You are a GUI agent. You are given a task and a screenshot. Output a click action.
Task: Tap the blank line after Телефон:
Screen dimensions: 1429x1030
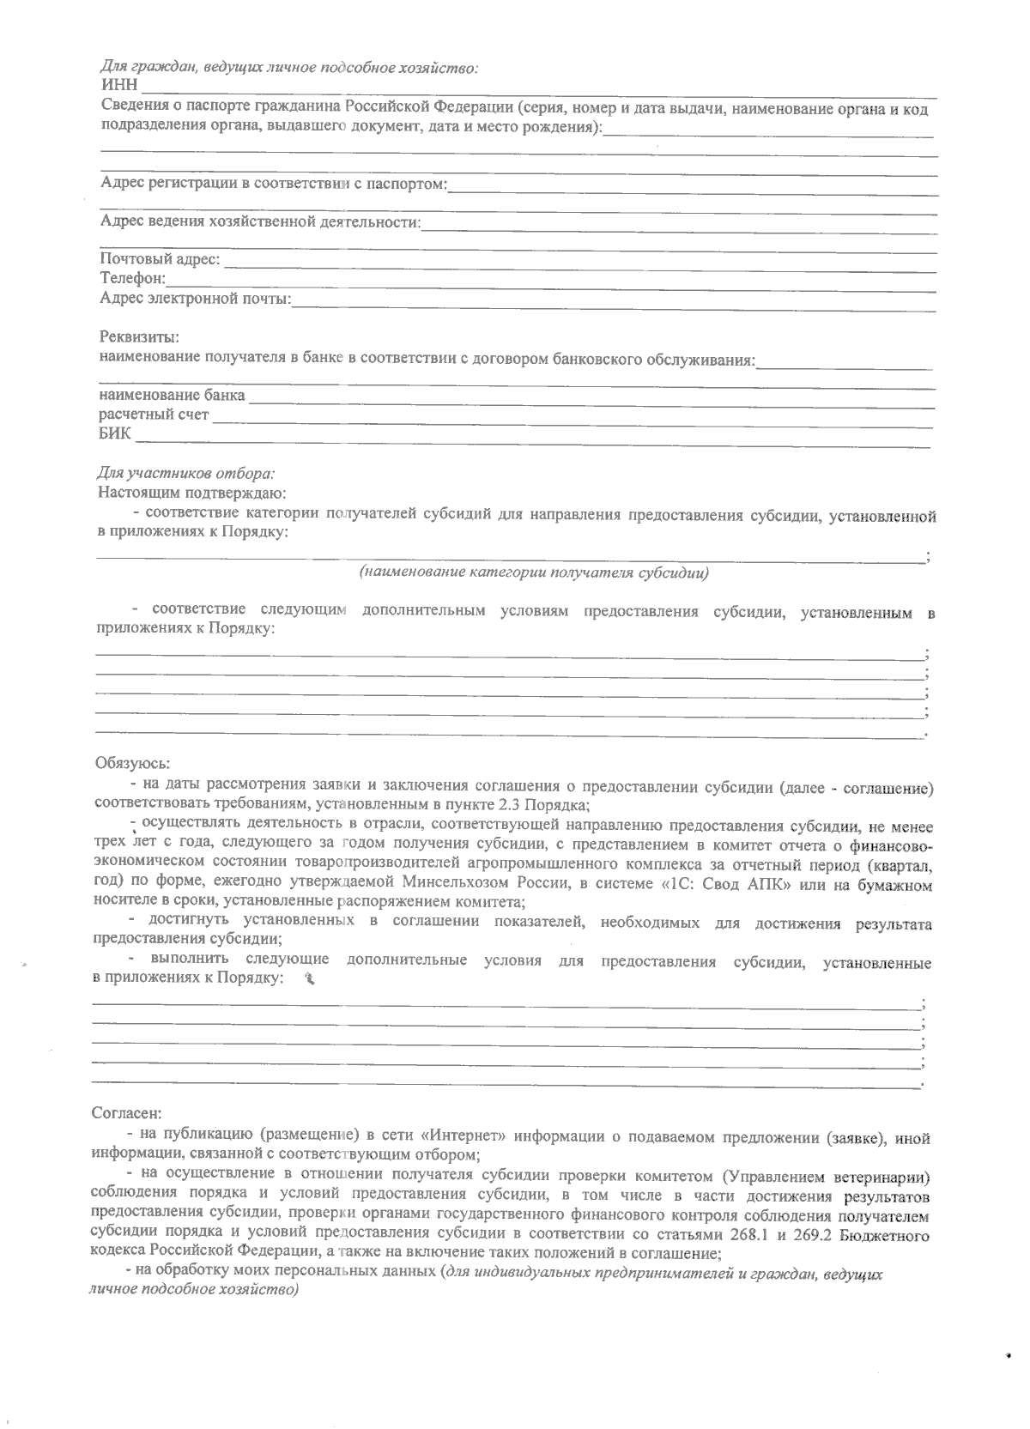click(549, 282)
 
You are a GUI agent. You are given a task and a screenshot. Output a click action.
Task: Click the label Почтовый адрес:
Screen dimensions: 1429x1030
click(160, 259)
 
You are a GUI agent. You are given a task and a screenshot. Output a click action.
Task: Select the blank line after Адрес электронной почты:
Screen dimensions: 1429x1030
click(613, 302)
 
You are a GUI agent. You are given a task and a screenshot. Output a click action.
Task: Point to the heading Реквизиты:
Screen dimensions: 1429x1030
click(139, 337)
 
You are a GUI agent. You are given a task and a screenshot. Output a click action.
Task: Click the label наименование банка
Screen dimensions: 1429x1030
click(172, 397)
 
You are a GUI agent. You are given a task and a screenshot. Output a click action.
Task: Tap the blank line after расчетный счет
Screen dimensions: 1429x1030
click(571, 418)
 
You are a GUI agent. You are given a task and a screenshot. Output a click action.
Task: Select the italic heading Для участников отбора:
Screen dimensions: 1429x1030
click(186, 473)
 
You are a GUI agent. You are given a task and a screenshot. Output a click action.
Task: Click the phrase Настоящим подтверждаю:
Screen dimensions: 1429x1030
click(191, 493)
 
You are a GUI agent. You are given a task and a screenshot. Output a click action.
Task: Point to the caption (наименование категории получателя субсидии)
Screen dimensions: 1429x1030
click(533, 572)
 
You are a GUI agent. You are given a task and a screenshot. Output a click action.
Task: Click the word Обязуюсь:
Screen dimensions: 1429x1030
click(132, 762)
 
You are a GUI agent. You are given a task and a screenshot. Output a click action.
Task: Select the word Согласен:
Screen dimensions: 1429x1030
click(125, 1113)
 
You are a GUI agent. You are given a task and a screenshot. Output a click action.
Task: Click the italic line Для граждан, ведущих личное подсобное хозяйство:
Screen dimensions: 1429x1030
click(289, 67)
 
